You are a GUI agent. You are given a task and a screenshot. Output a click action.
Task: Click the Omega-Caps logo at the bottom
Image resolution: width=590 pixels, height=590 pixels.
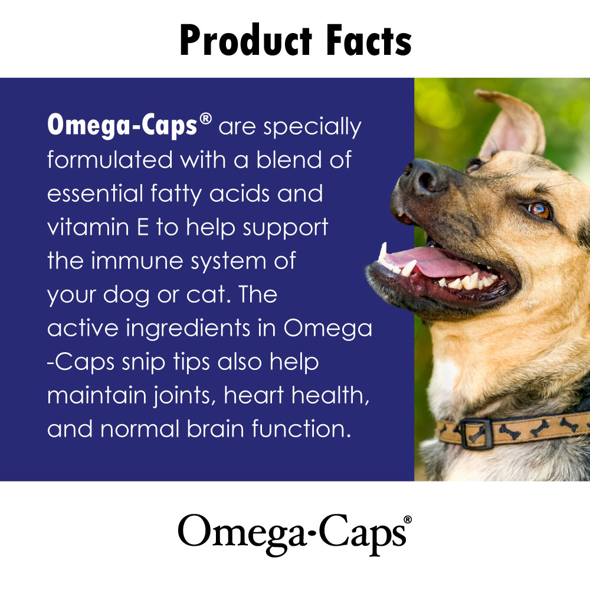pos(289,532)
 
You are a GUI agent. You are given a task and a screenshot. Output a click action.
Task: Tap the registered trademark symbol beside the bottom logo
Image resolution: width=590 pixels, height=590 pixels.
pos(407,519)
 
